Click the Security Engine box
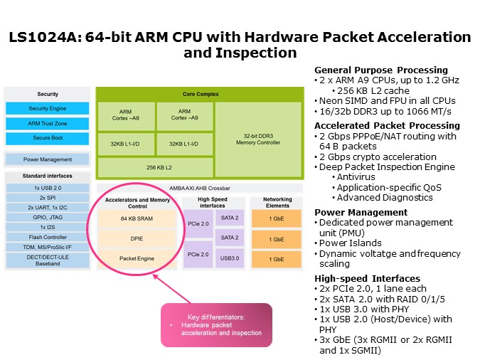[48, 108]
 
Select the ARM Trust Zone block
[48, 123]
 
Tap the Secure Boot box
[48, 138]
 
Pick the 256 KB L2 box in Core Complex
[154, 167]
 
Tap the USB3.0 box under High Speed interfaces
[230, 259]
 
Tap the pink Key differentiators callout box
[216, 324]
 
